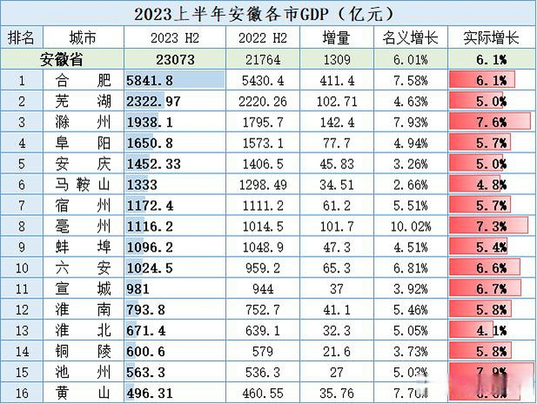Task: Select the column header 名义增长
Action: coord(410,38)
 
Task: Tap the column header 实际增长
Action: coord(491,38)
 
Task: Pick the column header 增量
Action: coord(336,38)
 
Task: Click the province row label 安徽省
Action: coord(62,59)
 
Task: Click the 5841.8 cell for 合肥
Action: coord(150,80)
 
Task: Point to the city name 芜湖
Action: coord(83,101)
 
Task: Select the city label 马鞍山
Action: coord(83,185)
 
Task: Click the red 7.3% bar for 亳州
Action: coord(488,226)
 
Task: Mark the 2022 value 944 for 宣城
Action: coord(263,289)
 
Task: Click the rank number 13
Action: coord(22,330)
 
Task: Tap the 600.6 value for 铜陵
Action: coord(146,351)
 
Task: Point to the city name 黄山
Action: coord(83,393)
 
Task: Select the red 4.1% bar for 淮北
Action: coord(471,330)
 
